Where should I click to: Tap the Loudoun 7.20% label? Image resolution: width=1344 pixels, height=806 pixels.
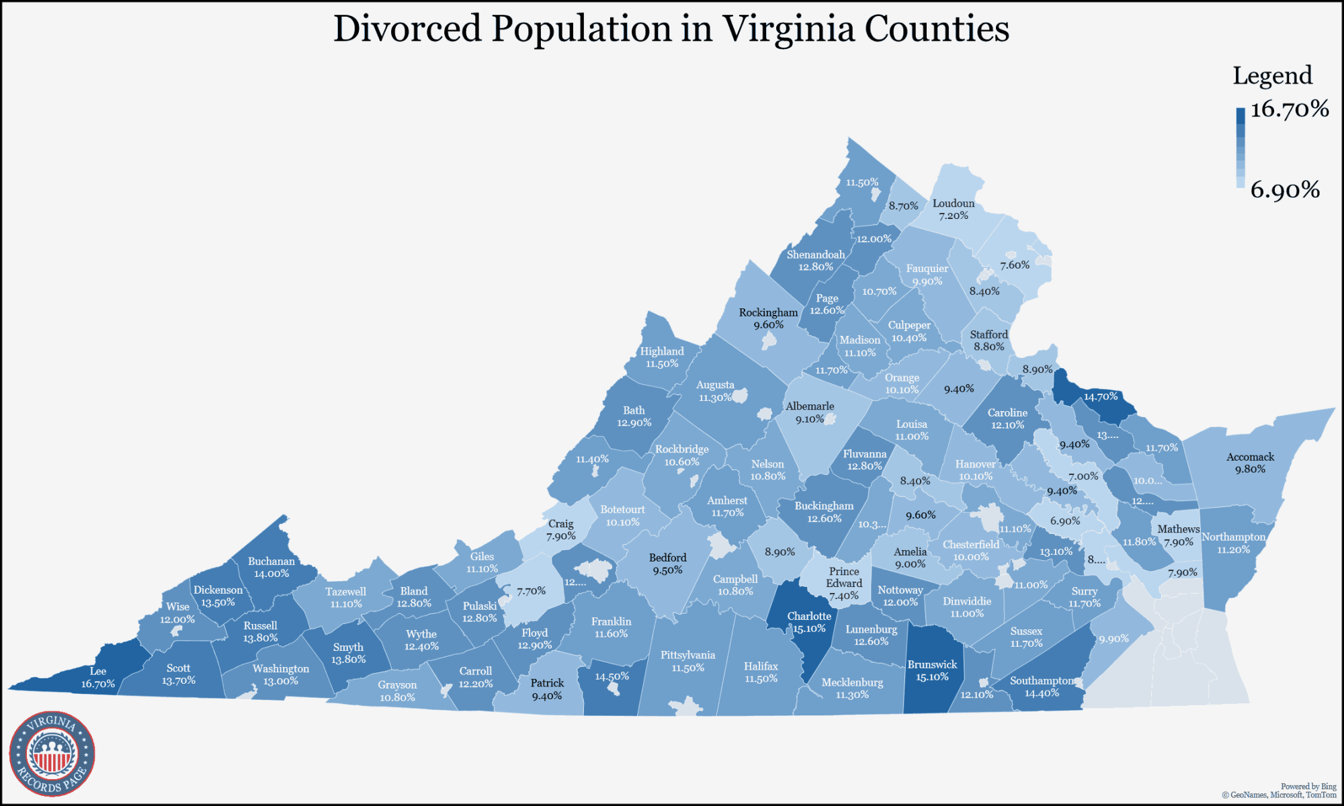point(953,209)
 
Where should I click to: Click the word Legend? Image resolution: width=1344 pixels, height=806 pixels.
point(1272,75)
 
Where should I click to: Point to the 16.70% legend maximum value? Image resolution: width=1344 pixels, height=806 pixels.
point(1289,109)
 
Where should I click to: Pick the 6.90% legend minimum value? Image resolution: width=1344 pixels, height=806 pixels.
point(1285,190)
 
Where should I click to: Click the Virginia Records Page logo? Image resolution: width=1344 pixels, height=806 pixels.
point(52,754)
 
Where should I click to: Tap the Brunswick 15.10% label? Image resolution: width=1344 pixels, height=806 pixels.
point(932,670)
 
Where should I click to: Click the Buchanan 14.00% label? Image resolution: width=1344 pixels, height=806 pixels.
point(271,567)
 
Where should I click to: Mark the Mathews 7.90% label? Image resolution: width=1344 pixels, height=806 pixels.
point(1179,535)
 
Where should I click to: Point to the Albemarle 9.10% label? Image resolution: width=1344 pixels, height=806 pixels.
point(810,412)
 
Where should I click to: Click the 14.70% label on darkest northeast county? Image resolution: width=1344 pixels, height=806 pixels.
point(1100,396)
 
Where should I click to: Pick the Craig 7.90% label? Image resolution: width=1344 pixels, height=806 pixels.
point(560,529)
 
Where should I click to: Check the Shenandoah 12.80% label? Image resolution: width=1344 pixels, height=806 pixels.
point(816,261)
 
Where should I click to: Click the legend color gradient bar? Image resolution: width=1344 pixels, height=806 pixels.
point(1240,148)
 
